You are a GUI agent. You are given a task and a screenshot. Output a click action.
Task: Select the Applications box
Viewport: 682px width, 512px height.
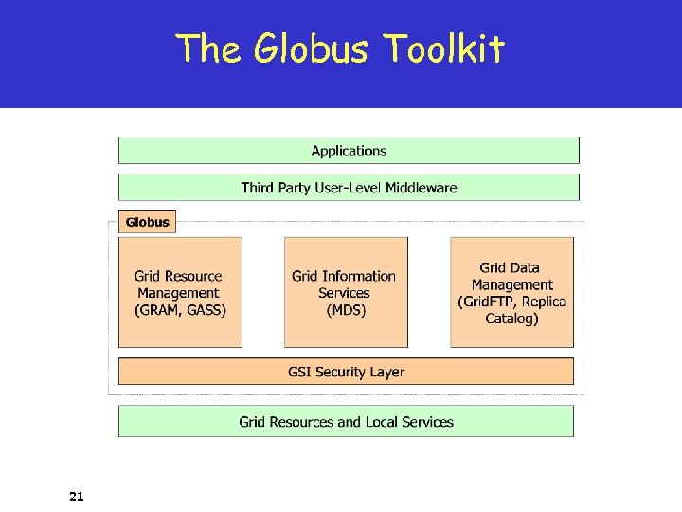pos(349,151)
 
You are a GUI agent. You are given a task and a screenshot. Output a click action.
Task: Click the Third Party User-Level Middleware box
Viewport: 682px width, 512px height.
pos(349,188)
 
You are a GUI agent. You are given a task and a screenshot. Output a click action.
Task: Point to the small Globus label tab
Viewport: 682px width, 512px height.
pos(147,222)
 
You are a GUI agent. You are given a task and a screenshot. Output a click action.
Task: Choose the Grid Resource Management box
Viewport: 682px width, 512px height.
pos(180,292)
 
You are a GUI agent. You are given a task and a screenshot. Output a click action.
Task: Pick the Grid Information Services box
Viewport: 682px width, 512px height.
pos(346,292)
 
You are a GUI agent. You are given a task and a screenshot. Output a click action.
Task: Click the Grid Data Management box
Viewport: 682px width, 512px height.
pos(511,292)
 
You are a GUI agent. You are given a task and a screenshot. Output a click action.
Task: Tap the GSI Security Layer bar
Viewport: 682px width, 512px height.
pos(346,372)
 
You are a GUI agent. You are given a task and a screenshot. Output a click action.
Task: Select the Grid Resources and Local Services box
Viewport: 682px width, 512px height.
pos(346,422)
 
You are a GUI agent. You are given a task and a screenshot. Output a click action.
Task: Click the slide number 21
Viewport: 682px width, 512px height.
pos(77,495)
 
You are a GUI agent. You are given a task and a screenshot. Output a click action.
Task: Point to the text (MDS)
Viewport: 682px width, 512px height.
pos(346,310)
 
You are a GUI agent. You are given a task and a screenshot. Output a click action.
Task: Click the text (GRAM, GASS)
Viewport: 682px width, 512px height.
pos(180,310)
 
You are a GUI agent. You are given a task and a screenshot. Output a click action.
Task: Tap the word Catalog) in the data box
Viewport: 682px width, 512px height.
pos(511,319)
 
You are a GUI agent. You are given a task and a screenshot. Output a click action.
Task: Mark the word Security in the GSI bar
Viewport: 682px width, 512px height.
pos(347,372)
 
